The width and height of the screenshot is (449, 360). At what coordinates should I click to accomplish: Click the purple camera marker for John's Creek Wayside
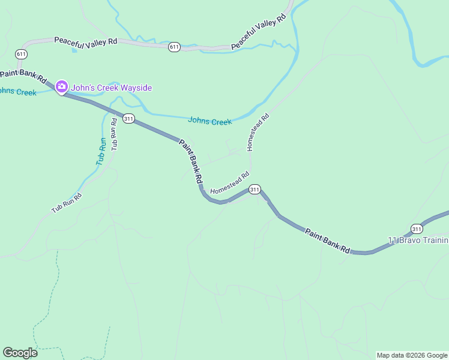tap(61, 87)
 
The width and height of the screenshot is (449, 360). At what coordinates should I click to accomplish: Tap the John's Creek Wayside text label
tap(112, 88)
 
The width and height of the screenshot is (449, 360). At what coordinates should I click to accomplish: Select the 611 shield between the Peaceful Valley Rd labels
tap(174, 47)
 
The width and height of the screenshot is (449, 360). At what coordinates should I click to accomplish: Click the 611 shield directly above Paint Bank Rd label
tap(22, 54)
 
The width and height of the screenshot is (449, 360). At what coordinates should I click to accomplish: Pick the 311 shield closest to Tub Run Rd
tap(128, 118)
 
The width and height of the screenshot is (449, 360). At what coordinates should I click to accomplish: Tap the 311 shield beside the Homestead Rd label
tap(255, 190)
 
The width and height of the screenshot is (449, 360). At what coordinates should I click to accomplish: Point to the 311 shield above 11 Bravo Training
tap(417, 228)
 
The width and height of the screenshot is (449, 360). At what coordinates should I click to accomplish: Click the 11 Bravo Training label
tap(418, 241)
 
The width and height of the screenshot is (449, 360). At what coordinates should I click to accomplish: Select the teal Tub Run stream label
tap(101, 151)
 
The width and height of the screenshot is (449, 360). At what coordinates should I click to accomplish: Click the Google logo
tap(20, 352)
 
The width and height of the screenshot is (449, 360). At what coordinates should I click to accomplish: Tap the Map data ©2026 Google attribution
tap(412, 355)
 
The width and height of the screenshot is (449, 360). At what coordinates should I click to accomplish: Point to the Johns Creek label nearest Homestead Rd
tap(209, 121)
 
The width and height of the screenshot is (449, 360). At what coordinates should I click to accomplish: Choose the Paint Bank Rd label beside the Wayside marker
tap(23, 76)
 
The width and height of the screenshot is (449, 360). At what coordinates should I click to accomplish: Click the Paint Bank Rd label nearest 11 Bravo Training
tap(327, 241)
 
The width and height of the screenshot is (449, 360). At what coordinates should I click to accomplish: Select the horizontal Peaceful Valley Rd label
tap(85, 41)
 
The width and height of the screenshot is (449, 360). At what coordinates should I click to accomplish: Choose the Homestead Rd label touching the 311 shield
tap(229, 184)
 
